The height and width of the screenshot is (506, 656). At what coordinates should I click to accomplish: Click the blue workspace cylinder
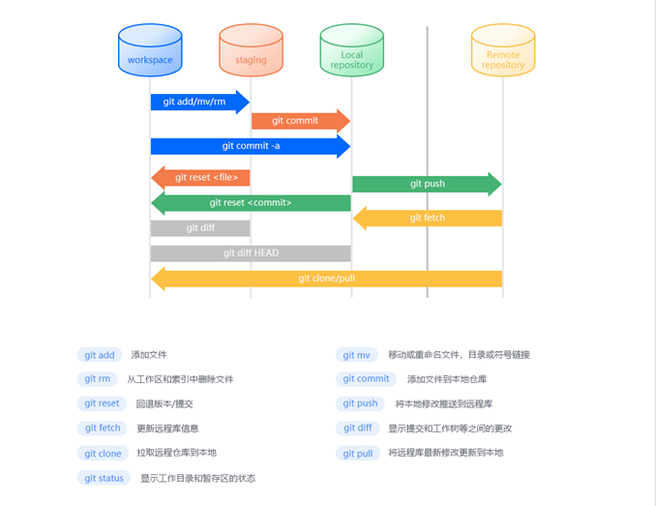pos(150,50)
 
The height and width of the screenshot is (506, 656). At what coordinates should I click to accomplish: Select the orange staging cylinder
pos(251,50)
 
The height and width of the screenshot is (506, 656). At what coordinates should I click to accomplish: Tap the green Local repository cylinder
pos(351,50)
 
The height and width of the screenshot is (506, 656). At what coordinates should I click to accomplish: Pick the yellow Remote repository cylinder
pos(502,50)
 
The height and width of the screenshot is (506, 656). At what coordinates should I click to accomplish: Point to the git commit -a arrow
pos(250,146)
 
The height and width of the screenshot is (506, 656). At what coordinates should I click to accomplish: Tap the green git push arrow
pos(427,184)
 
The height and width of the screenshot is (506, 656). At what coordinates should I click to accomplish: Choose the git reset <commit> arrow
pos(250,203)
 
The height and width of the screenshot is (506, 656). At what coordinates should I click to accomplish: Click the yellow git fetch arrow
pos(427,219)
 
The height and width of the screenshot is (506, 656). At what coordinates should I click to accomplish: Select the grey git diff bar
pos(200,228)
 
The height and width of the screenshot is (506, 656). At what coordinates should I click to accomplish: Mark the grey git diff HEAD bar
pos(250,253)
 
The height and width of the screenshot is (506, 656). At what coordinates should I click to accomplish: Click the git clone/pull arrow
pos(326,279)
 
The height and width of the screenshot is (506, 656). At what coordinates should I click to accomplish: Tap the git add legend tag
pos(100,355)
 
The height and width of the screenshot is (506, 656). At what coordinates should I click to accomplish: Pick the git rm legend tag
pos(97,379)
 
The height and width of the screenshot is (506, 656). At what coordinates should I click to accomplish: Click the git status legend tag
pos(104,478)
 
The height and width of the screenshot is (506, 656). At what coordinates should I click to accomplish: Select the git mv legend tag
pos(356,355)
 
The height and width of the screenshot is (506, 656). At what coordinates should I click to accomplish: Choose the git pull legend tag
pos(357,453)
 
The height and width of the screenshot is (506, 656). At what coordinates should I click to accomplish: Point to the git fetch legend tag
pos(103,429)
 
